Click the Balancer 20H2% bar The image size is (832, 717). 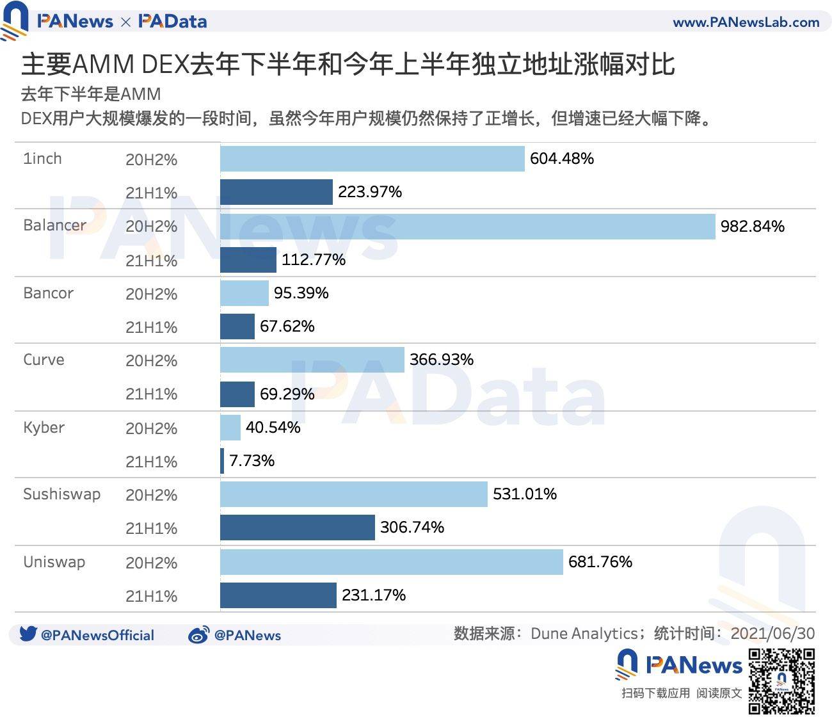click(467, 227)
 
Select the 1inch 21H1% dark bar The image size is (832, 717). click(276, 192)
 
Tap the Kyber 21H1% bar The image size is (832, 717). click(222, 461)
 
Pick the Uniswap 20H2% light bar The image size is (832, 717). click(391, 562)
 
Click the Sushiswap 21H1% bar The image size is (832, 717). click(297, 528)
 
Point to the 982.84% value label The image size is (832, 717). click(752, 227)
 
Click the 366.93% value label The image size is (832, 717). click(441, 360)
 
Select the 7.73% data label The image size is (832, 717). click(252, 461)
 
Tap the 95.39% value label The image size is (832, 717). click(301, 293)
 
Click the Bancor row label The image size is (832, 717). click(48, 293)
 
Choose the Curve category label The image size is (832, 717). click(44, 360)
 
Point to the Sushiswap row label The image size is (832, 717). click(61, 494)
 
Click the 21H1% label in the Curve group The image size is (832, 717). click(151, 394)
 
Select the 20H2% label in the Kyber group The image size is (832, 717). click(151, 428)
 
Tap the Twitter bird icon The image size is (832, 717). click(28, 634)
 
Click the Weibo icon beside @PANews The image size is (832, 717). click(198, 635)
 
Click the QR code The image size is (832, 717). click(781, 681)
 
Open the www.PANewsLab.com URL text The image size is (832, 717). click(746, 22)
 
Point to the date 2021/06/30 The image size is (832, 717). click(772, 634)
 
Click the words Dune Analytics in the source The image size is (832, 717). click(584, 634)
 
